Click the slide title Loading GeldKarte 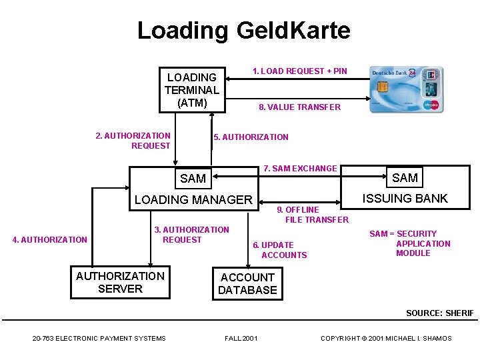(243, 31)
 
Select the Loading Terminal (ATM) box (192, 90)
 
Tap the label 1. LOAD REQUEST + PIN (299, 71)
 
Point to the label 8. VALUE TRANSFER (299, 107)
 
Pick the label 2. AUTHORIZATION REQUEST (133, 141)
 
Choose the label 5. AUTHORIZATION (251, 137)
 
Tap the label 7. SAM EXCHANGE (300, 168)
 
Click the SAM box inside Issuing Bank (405, 177)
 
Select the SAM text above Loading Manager (193, 178)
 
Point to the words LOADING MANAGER (193, 199)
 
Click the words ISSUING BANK (405, 198)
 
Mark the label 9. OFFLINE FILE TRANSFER (313, 215)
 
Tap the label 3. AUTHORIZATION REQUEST (191, 235)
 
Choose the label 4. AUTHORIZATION (50, 240)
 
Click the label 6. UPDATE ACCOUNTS (280, 250)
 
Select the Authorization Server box (120, 282)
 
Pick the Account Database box (247, 283)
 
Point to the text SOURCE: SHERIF (440, 313)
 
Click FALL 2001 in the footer (241, 339)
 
